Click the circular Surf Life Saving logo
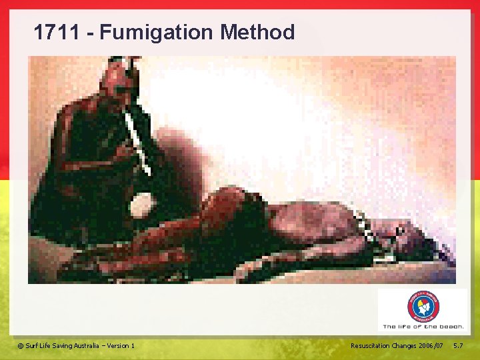(x=423, y=307)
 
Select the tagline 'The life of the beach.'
(x=423, y=327)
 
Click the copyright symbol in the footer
(x=20, y=345)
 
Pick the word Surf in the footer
(x=32, y=345)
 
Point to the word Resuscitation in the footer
(x=371, y=345)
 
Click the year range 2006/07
(x=434, y=345)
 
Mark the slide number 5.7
(x=458, y=345)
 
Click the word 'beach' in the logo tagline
(x=451, y=327)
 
